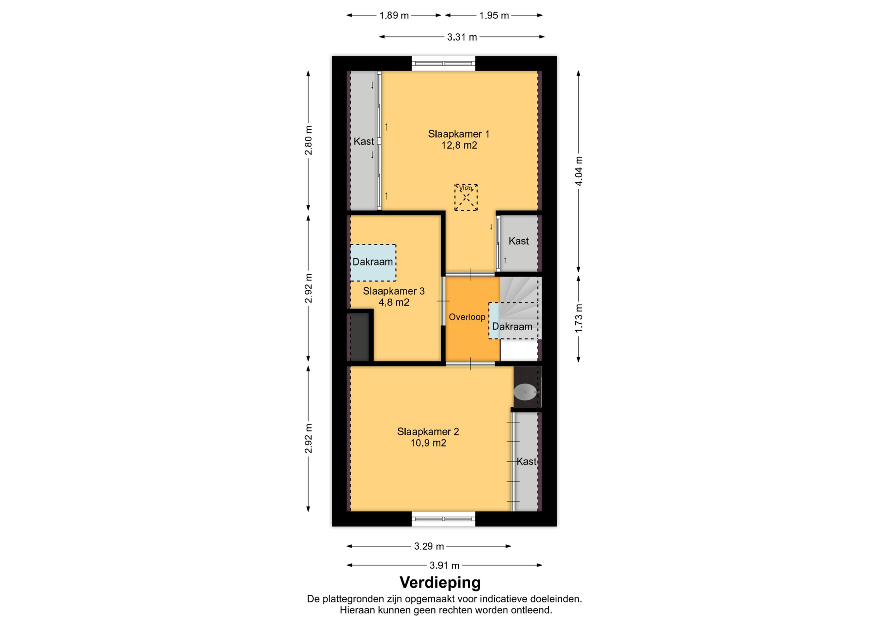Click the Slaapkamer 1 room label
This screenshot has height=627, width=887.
pos(458,134)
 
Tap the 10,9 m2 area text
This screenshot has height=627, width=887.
pos(428,443)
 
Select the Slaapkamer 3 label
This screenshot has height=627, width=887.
pos(394,291)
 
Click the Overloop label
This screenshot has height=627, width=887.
pos(467,317)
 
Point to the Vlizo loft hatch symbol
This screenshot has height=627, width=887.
pos(466,198)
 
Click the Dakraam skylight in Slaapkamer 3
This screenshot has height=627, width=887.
pos(373,262)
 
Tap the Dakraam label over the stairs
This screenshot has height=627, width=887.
pos(512,326)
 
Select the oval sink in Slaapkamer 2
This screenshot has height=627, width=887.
pos(525,392)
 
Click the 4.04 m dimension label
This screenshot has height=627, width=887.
pos(578,171)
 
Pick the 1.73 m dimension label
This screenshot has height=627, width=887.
pos(578,318)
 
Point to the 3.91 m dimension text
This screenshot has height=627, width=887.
pos(444,565)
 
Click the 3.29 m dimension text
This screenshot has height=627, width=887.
pos(429,546)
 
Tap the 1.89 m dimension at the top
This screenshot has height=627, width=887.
pos(394,15)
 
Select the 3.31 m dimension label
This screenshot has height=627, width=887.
pos(462,37)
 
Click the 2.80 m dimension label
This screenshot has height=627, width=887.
pos(308,140)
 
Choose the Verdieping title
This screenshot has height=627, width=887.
pos(440,582)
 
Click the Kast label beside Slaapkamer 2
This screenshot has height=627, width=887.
pos(527,461)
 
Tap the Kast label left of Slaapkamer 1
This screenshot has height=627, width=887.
pos(364,141)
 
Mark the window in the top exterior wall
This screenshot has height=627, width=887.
pos(443,64)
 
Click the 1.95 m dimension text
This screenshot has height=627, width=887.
pos(494,15)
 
